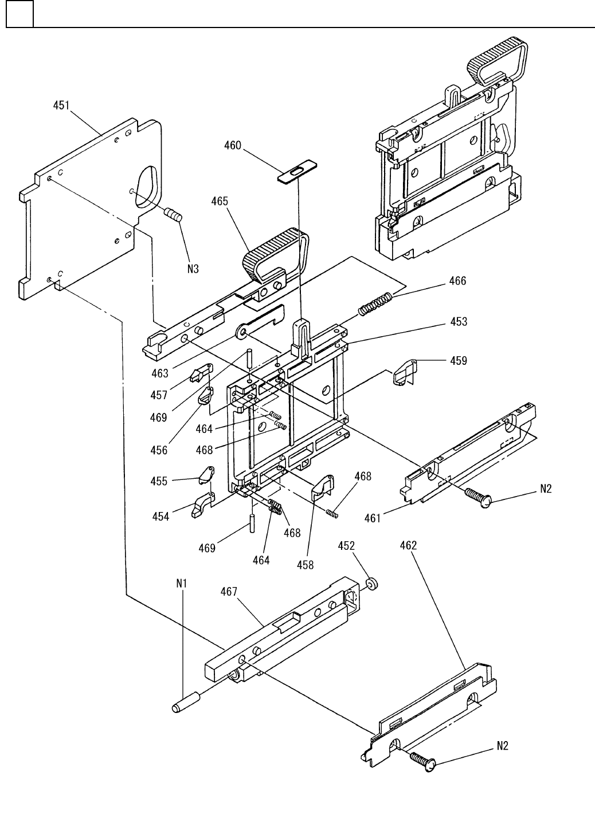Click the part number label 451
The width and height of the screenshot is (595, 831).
61,106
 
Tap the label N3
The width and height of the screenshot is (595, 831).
193,269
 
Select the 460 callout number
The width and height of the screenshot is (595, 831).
233,145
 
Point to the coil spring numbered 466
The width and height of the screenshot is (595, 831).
375,304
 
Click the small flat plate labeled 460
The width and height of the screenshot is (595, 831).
297,172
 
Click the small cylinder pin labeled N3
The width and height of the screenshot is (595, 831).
173,214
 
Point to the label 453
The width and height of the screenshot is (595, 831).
459,322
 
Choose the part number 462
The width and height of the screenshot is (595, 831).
409,545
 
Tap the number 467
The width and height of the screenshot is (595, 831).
229,592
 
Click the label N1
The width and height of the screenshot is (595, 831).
182,584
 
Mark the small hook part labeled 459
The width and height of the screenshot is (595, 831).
405,372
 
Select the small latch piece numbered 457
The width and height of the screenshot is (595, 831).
201,373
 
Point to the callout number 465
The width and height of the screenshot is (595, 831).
220,202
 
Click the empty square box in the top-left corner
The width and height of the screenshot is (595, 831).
19,14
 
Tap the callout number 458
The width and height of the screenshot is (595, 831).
306,565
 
